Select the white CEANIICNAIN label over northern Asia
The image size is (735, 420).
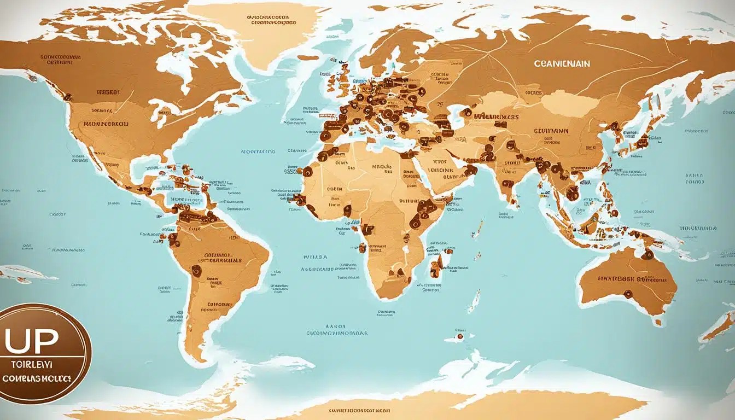[x=562, y=63]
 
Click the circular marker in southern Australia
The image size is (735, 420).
[x=627, y=294]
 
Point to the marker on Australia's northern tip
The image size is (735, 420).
[x=647, y=254]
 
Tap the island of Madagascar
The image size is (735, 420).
[x=435, y=266]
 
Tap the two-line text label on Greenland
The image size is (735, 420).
[x=272, y=20]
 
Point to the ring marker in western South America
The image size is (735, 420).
[x=195, y=270]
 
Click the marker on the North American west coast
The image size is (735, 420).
[x=68, y=97]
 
